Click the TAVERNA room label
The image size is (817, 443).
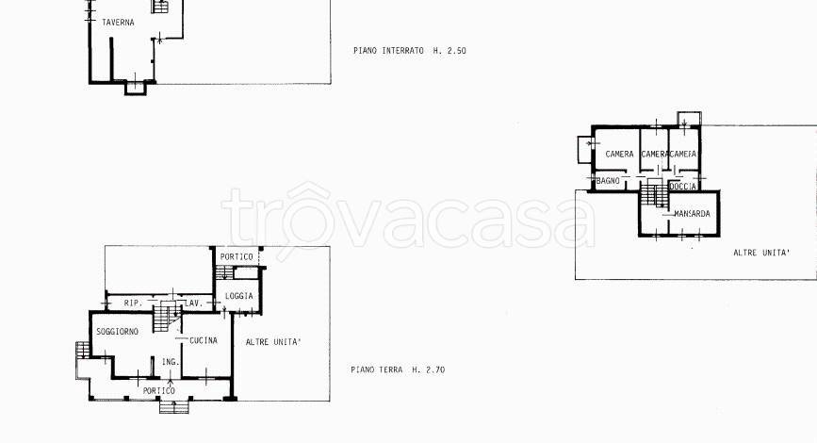click(118, 23)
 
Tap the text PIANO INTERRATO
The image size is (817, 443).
click(388, 51)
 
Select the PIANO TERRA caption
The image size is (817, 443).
click(376, 369)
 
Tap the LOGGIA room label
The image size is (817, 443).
click(238, 296)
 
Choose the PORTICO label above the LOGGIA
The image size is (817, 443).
click(236, 257)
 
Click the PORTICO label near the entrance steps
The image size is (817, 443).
click(159, 391)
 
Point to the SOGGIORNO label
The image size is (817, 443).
click(117, 332)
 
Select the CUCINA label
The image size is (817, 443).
click(204, 340)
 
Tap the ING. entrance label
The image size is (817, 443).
click(171, 362)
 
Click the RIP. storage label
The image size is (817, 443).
click(133, 303)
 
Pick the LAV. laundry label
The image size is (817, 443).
click(193, 303)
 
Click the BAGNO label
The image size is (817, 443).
click(608, 181)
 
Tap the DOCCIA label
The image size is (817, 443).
click(682, 186)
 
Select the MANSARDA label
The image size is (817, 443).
click(692, 214)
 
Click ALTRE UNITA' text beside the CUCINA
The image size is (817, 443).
click(273, 342)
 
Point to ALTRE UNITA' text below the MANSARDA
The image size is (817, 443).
click(761, 253)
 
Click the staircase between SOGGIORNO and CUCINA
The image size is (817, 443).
click(166, 317)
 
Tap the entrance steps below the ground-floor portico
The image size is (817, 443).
click(174, 406)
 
